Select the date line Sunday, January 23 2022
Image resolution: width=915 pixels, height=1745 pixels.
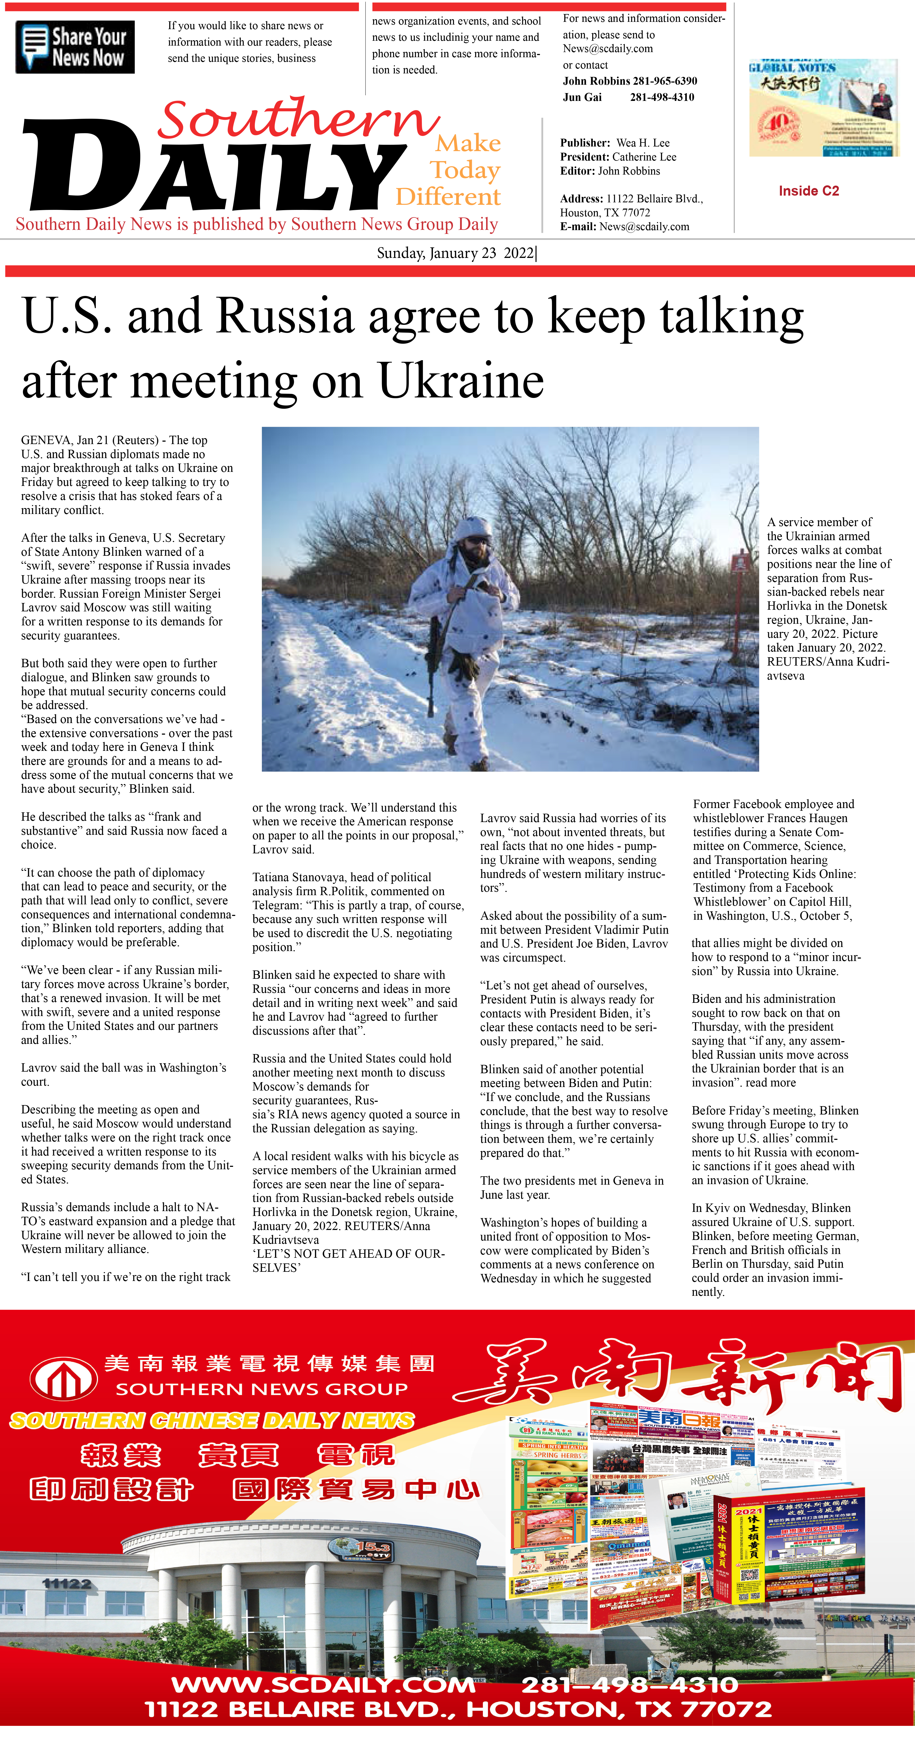pyautogui.click(x=455, y=253)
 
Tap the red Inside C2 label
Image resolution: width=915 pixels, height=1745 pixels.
pyautogui.click(x=809, y=191)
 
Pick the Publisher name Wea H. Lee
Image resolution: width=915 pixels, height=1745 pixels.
pyautogui.click(x=643, y=143)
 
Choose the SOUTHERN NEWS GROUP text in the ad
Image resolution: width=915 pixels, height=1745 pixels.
pyautogui.click(x=262, y=1389)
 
